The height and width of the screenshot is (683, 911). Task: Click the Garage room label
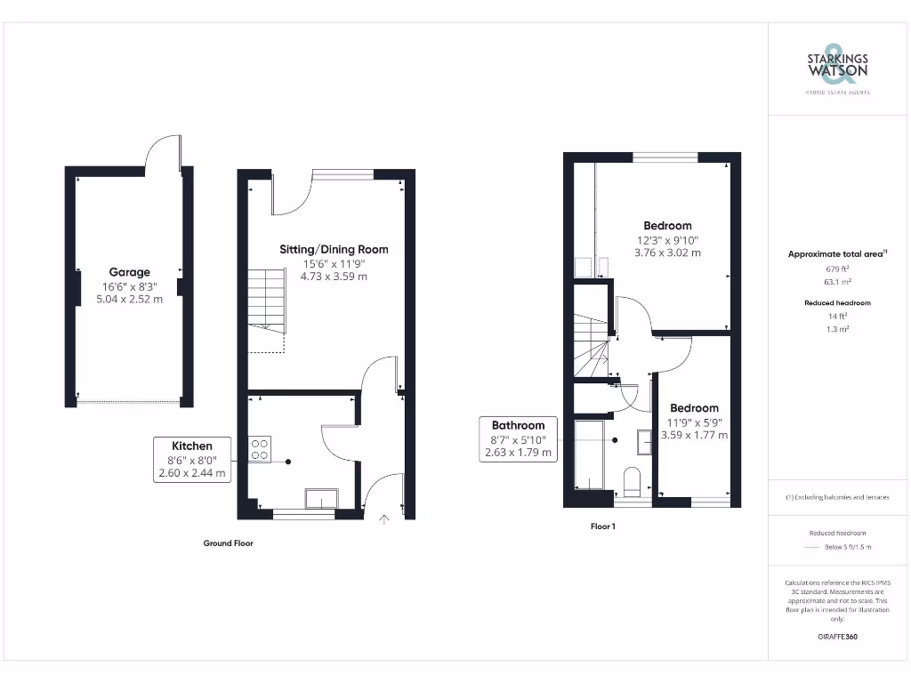click(130, 272)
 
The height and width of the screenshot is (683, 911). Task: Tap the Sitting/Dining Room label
click(334, 249)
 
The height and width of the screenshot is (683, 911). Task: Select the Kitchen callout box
click(193, 460)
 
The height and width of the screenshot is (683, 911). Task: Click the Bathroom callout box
click(518, 438)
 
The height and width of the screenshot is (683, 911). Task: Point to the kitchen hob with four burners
click(260, 449)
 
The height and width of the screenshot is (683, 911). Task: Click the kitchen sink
click(321, 498)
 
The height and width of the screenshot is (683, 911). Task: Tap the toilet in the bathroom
click(633, 481)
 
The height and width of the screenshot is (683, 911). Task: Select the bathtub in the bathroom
click(589, 455)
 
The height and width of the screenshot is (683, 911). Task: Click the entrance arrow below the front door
click(385, 519)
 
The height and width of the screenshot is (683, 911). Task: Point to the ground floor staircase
click(266, 301)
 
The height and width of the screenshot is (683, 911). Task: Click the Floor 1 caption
click(603, 526)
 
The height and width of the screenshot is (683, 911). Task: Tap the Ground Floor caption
click(229, 542)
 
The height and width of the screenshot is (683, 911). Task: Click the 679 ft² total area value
click(837, 268)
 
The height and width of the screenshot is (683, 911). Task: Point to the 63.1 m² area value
click(837, 279)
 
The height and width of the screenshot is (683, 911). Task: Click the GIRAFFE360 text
click(837, 637)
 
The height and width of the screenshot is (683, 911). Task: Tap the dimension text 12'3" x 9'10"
click(667, 240)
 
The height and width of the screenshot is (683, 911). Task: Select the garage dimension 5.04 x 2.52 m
click(130, 299)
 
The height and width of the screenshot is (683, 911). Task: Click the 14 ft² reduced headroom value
click(837, 316)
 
